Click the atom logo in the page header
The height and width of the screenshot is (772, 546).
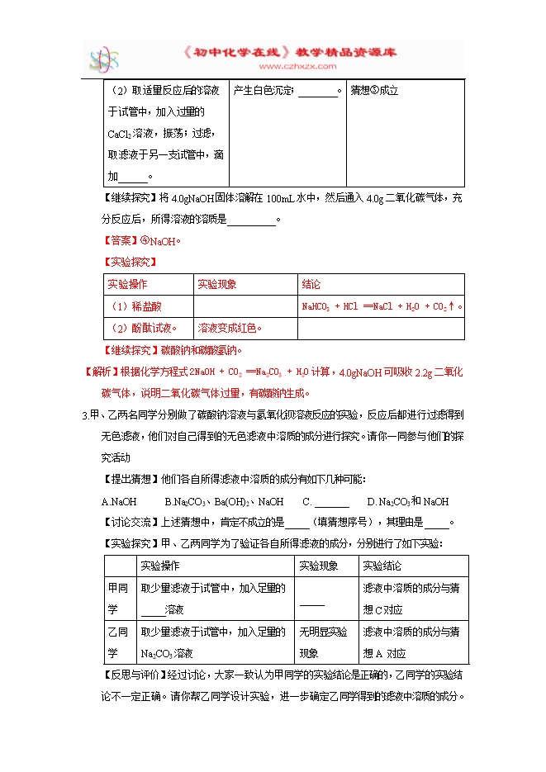tap(105, 59)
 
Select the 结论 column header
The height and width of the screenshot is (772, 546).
tap(311, 284)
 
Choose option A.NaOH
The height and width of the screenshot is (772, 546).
tap(118, 501)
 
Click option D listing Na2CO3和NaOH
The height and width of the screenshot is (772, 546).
tap(407, 501)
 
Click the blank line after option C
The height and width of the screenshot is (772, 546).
tap(331, 502)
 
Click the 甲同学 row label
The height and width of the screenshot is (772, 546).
tap(118, 598)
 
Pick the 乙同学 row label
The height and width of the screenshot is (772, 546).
tap(118, 642)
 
